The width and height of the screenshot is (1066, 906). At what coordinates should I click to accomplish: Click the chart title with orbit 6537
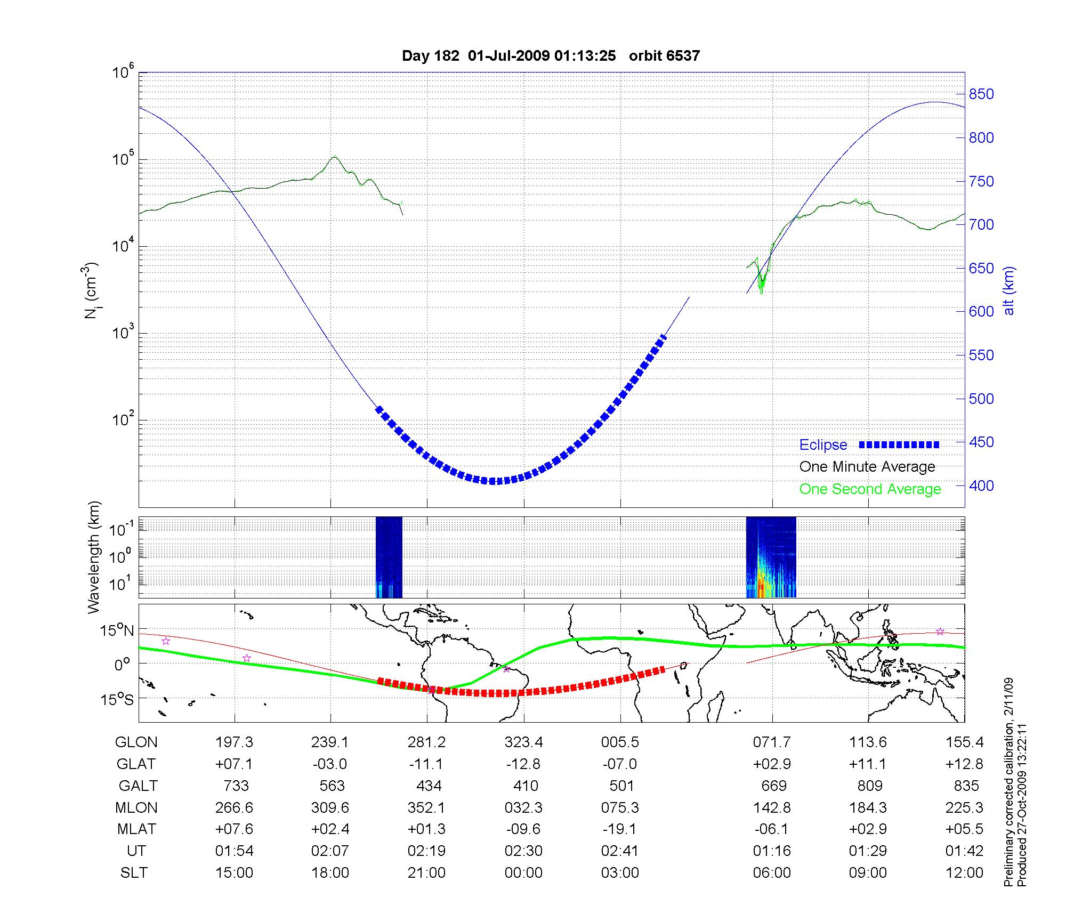click(551, 56)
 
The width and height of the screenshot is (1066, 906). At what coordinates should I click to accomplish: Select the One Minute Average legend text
click(867, 467)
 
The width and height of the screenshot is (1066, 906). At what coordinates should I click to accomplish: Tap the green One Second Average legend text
click(870, 489)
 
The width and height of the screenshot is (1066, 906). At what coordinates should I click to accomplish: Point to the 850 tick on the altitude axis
click(981, 94)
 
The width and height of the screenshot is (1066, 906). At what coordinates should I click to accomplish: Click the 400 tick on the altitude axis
click(981, 486)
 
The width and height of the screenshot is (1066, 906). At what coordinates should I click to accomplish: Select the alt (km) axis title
click(1009, 290)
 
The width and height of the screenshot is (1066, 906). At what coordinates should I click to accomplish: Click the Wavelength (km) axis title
click(94, 557)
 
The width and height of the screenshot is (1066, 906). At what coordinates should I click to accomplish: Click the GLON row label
click(136, 742)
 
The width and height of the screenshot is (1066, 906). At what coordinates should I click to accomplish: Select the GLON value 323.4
click(523, 742)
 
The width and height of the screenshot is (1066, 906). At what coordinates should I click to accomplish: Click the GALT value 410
click(526, 786)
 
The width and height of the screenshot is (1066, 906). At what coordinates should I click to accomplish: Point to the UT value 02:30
click(523, 851)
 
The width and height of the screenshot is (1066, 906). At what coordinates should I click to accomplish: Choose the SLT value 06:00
click(772, 873)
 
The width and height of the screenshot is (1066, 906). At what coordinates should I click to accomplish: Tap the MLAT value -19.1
click(620, 829)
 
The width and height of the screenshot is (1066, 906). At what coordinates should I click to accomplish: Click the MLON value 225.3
click(964, 808)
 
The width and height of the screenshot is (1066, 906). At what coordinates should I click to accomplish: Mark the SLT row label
click(133, 873)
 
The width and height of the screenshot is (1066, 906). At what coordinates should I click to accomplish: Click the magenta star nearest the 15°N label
click(166, 641)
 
